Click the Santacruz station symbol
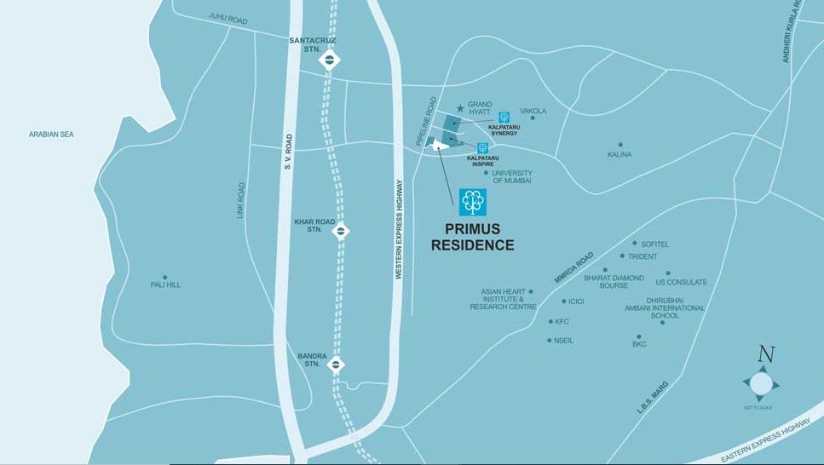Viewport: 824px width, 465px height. [x=330, y=60]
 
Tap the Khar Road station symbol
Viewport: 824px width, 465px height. [x=340, y=230]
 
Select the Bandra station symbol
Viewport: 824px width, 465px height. [x=337, y=365]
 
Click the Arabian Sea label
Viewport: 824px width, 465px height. [x=51, y=135]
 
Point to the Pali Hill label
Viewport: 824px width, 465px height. [x=165, y=284]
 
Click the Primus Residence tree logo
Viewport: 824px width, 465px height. [x=473, y=202]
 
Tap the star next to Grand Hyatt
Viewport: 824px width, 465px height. [x=460, y=108]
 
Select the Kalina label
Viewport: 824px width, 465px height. [x=619, y=154]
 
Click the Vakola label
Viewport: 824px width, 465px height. [x=533, y=111]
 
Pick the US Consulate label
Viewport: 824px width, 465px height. [x=681, y=282]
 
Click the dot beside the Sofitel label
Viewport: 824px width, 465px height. [x=634, y=243]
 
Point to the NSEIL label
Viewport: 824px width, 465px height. [x=564, y=341]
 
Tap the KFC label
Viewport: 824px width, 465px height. [x=562, y=322]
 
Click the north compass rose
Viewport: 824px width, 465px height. [x=761, y=384]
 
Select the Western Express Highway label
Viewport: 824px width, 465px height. [x=398, y=230]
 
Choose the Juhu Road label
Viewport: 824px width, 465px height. [x=228, y=17]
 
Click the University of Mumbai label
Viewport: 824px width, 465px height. [x=511, y=176]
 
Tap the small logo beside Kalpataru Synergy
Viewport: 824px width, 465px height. [x=504, y=118]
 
